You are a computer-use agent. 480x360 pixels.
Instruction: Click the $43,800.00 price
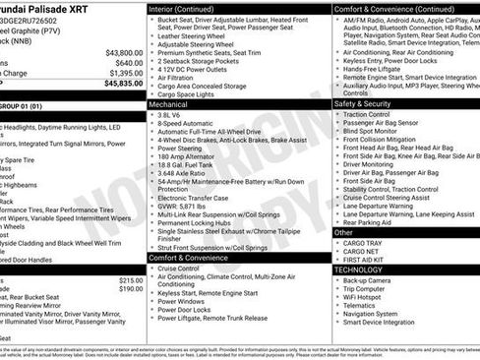pos(123,53)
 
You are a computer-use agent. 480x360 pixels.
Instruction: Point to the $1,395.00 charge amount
pos(125,73)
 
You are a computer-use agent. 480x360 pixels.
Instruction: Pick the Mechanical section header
pos(169,102)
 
